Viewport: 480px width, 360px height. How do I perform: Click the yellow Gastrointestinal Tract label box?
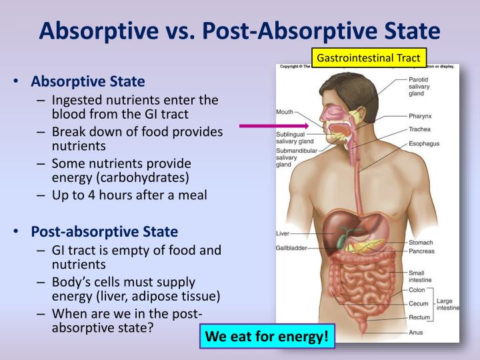(369, 58)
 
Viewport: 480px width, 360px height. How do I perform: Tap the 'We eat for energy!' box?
(267, 336)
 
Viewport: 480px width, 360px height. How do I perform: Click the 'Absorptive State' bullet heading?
(87, 83)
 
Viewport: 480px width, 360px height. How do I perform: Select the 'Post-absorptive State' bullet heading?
(104, 232)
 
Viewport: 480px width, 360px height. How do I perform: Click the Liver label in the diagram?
(282, 233)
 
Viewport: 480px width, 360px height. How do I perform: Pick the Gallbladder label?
(291, 248)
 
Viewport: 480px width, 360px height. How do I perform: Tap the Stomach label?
(421, 243)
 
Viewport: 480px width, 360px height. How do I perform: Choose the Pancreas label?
(421, 251)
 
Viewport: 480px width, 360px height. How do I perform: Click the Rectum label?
(419, 317)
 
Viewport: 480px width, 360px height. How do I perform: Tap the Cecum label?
(419, 304)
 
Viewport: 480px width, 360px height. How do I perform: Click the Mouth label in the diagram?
(285, 111)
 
